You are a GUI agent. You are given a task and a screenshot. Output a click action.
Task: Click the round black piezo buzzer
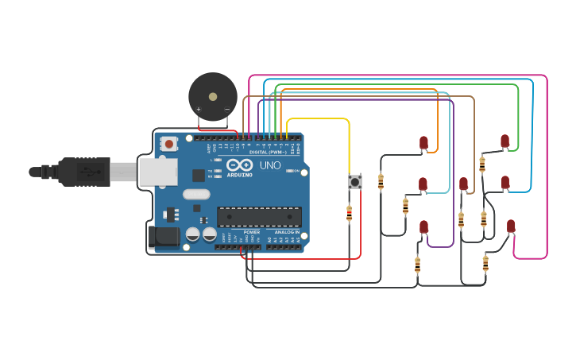[x=212, y=97]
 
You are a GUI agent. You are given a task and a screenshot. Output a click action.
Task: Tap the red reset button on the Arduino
[x=168, y=144]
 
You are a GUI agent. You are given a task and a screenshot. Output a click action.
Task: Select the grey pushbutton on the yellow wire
[x=355, y=182]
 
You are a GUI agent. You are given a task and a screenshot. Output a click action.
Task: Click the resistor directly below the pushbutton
[x=350, y=212]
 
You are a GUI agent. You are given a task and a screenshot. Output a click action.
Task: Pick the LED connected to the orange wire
[x=423, y=143]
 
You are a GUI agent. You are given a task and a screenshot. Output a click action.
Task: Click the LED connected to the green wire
[x=504, y=141]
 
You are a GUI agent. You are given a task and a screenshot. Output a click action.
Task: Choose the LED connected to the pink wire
[x=511, y=226]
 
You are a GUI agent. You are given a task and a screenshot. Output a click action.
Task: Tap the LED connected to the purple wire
[x=424, y=227]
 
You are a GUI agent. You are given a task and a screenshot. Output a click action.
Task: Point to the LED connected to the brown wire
[x=464, y=184]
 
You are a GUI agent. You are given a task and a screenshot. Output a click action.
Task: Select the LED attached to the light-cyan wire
[x=423, y=184]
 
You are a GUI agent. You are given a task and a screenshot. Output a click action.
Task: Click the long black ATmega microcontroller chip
[x=259, y=216]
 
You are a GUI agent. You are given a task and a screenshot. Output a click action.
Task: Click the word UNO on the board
[x=271, y=167]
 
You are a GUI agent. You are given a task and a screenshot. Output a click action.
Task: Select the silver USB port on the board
[x=158, y=172]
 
